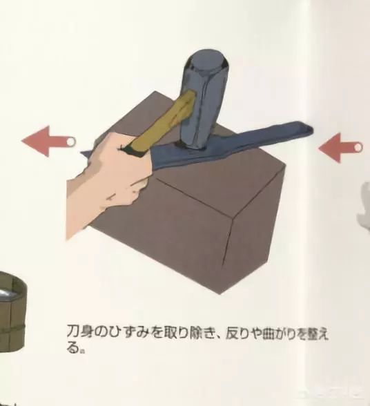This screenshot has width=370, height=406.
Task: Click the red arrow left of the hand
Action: click(x=48, y=141)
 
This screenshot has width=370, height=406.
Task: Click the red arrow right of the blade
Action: click(x=340, y=148)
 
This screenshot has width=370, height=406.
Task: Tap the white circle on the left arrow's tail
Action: click(x=70, y=142)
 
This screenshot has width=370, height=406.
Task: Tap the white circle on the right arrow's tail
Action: click(x=358, y=148)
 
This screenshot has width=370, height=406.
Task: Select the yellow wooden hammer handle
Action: click(x=161, y=122)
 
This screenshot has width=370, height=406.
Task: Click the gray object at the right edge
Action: click(x=364, y=204)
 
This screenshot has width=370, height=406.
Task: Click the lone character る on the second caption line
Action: click(x=72, y=347)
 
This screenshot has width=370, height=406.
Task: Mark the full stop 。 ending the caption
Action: click(x=82, y=351)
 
